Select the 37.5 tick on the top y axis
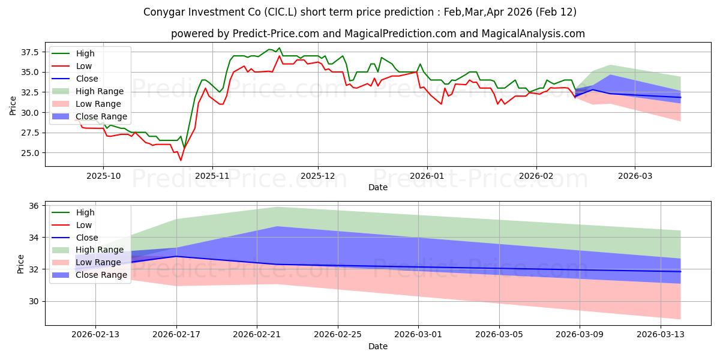[30, 52]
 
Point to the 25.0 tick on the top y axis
[30, 153]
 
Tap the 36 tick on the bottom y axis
[34, 206]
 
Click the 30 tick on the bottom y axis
[34, 301]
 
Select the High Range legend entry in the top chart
[100, 91]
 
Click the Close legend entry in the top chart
[87, 79]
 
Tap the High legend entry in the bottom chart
[85, 212]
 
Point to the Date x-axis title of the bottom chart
[378, 346]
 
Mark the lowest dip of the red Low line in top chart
[181, 160]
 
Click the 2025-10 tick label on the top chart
[103, 176]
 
